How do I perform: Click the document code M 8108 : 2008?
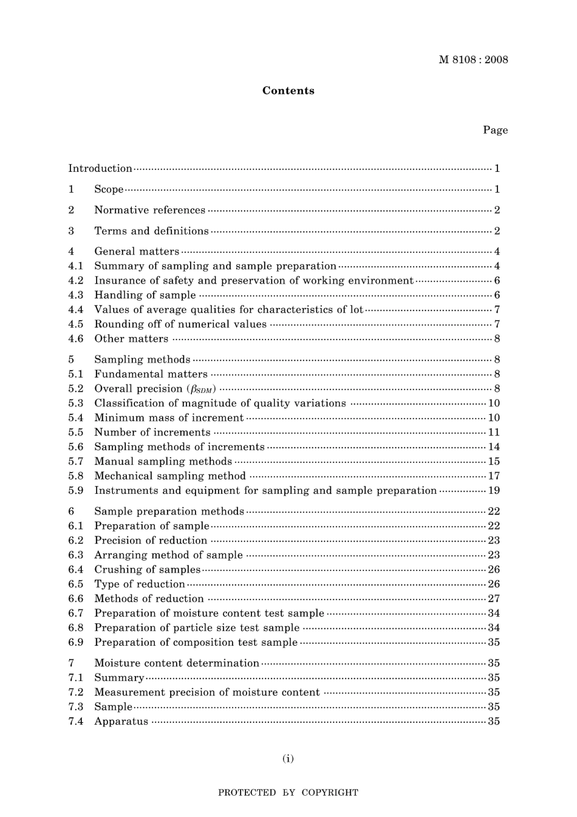pos(473,60)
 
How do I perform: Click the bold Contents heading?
pos(288,91)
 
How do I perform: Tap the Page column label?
pos(495,130)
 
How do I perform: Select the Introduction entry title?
pos(100,168)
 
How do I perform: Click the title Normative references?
pos(149,210)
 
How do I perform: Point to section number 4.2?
pos(75,281)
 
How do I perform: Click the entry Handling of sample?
pos(145,295)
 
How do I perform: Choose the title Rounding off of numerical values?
pos(180,324)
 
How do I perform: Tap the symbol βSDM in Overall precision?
pos(202,389)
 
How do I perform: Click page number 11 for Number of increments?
pos(494,432)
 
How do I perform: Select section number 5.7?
pos(75,462)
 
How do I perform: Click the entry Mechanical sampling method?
pos(169,476)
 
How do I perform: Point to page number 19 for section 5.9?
pos(494,491)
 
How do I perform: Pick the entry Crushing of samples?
pos(147,570)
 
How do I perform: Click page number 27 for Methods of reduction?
pos(494,599)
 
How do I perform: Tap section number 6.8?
pos(75,628)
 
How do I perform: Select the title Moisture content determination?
pos(176,663)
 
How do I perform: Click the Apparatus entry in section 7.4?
pos(121,722)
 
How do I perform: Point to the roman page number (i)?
pos(288,758)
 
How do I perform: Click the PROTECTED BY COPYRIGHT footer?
pos(288,793)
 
